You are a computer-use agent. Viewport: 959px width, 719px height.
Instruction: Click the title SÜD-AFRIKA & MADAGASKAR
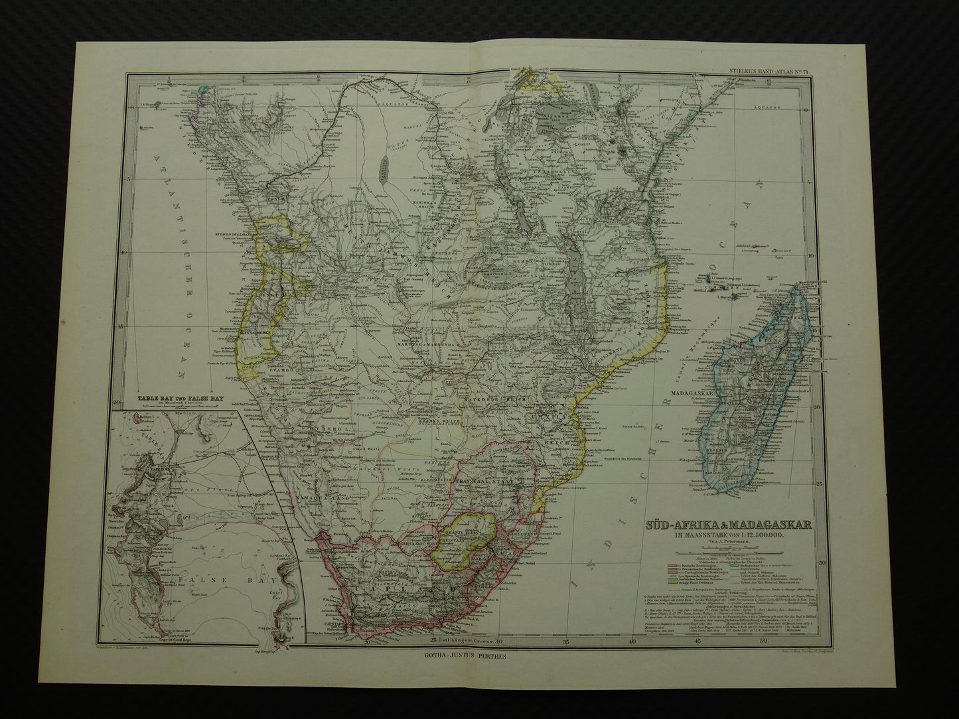pyautogui.click(x=727, y=524)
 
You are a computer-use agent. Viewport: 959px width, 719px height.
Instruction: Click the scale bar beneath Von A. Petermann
pyautogui.click(x=728, y=552)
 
